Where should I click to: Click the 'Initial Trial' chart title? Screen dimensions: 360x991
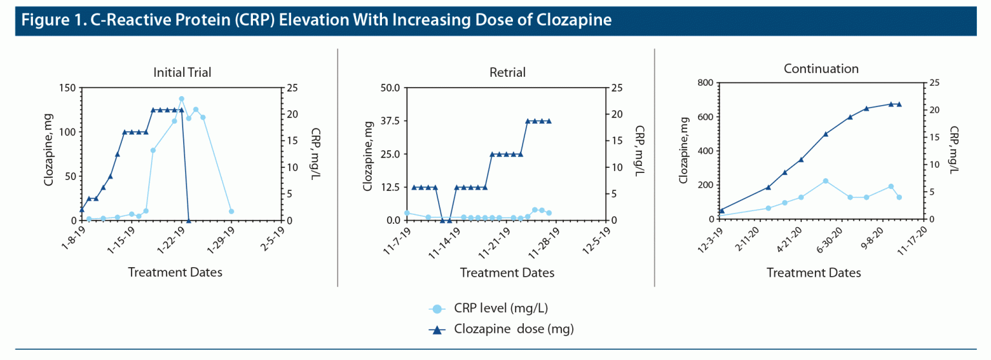click(x=182, y=72)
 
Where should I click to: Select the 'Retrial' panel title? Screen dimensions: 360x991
click(x=508, y=72)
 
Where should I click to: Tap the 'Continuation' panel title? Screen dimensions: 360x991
click(x=821, y=68)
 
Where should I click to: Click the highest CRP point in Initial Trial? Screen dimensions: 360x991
click(x=182, y=99)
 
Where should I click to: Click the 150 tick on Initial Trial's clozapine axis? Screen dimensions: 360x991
click(x=66, y=88)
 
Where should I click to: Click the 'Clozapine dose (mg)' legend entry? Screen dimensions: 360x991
click(x=514, y=329)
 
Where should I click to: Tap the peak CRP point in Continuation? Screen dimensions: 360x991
click(x=825, y=181)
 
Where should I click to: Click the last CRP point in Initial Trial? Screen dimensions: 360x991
click(x=231, y=211)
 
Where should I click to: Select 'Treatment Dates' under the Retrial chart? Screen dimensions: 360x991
click(x=507, y=272)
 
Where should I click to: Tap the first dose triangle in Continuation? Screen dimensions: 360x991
click(x=722, y=210)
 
